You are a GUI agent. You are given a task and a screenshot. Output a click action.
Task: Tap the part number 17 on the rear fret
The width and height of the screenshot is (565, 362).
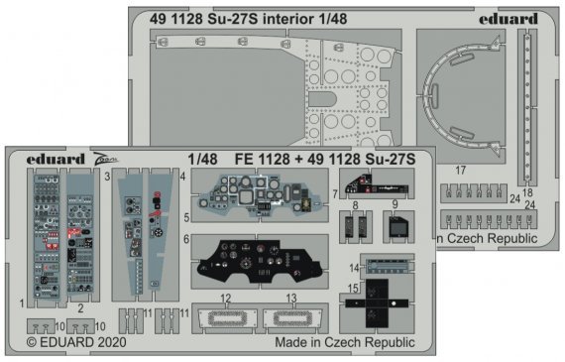(x=460, y=171)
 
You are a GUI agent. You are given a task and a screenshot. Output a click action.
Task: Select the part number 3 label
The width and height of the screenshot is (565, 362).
(x=106, y=175)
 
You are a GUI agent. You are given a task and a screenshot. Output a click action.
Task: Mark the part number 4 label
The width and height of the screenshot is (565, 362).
(x=183, y=175)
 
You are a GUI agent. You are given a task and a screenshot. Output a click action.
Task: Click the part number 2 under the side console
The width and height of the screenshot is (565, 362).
(x=80, y=307)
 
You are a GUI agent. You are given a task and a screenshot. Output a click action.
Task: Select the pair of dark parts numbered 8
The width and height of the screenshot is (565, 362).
(x=353, y=227)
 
